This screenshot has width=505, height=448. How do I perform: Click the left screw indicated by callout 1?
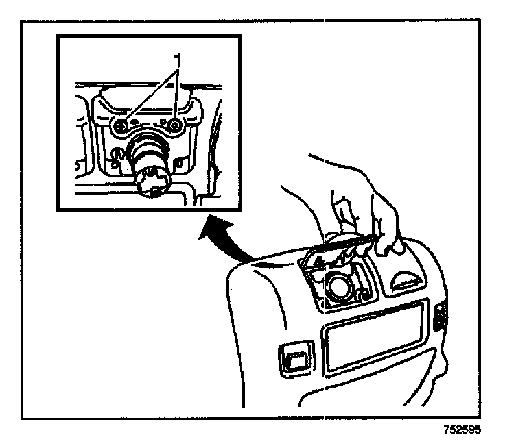(121, 126)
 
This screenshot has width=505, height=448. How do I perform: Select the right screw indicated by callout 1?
(175, 125)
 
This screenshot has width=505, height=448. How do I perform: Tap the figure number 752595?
(461, 432)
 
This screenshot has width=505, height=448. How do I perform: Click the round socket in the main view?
(338, 286)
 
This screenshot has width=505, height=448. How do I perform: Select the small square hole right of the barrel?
(180, 163)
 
